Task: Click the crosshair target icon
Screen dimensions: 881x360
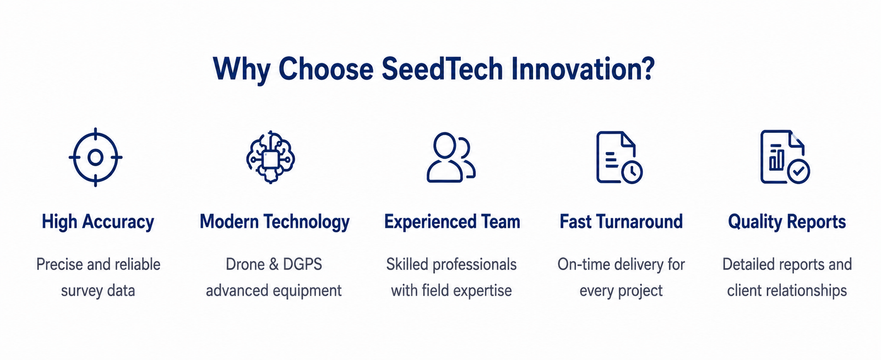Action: tap(96, 157)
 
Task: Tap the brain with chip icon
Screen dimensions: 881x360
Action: tap(270, 157)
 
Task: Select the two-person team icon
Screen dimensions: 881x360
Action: tap(451, 157)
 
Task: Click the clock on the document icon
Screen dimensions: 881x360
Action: tap(632, 172)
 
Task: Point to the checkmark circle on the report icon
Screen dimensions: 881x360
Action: tap(798, 171)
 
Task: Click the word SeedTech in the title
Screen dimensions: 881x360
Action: tap(443, 69)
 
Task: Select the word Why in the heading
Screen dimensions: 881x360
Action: tap(242, 70)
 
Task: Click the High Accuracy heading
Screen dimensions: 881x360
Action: tap(98, 222)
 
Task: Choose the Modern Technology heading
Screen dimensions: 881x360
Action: tap(275, 222)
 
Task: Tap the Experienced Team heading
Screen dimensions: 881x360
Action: tap(452, 222)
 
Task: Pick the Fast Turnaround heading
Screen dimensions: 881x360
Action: tap(621, 222)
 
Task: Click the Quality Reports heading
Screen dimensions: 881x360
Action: tap(787, 222)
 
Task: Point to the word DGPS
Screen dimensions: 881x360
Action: tap(302, 264)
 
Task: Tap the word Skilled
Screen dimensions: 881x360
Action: tap(407, 264)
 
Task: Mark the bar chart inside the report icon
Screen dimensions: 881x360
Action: tap(776, 157)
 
